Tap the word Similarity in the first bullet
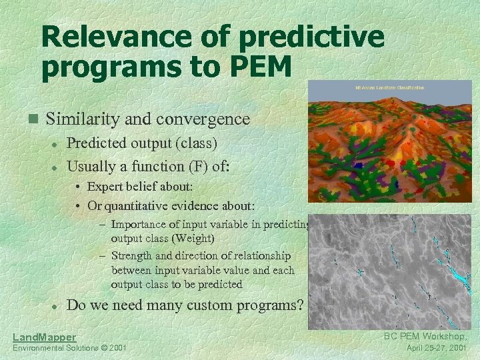[x=88, y=119]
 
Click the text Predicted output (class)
[x=142, y=143]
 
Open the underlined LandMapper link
[x=45, y=337]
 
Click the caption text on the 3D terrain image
[x=390, y=87]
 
